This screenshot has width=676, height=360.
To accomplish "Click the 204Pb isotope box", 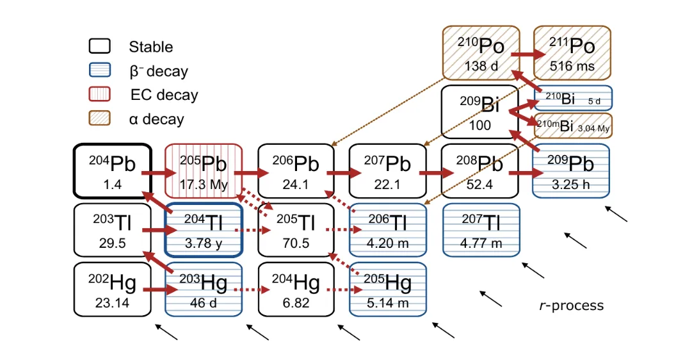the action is [113, 171].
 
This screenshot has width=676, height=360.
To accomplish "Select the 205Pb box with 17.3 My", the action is [204, 171].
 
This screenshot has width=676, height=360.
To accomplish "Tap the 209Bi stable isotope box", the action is [480, 112].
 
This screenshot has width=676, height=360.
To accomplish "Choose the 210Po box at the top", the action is [481, 53].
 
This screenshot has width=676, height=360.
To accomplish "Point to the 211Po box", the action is [572, 53].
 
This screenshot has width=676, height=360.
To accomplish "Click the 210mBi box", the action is [573, 126].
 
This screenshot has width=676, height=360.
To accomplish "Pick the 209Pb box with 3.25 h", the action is [571, 171].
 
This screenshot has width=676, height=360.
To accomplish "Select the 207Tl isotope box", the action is [481, 230].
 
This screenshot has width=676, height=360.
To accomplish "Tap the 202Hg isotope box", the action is [113, 289].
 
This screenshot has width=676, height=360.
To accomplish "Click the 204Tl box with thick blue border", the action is [204, 230].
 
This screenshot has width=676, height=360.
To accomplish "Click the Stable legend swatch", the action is [100, 46].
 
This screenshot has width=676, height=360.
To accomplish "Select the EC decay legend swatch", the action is [100, 94].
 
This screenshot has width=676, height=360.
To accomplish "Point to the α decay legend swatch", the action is [100, 119].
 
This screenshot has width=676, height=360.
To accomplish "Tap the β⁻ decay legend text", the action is [159, 71].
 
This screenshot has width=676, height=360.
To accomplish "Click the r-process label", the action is [571, 306].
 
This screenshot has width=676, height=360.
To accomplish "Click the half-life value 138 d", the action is [481, 66].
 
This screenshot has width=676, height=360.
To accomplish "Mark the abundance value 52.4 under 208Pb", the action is [479, 184].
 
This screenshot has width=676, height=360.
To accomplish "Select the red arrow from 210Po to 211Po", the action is [529, 54].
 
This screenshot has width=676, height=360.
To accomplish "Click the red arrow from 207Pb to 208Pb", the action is [437, 173].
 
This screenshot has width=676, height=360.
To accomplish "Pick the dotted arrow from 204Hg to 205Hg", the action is [344, 290].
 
